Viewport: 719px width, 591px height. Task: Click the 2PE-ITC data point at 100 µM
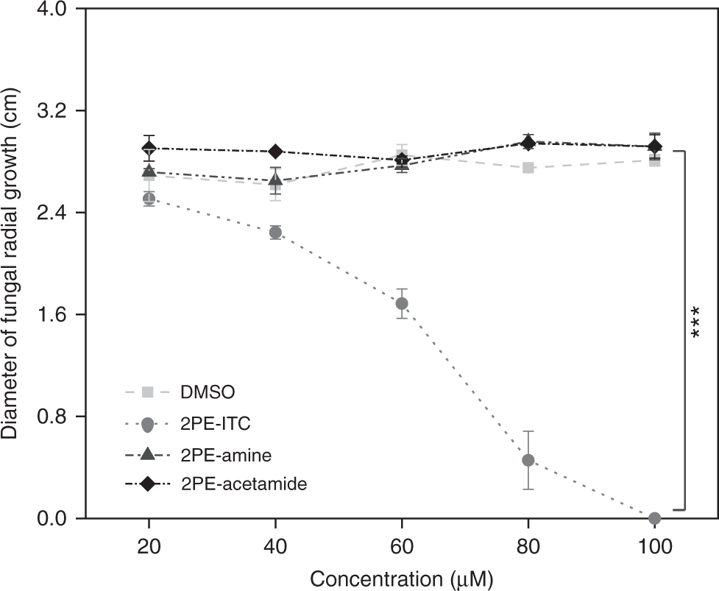click(x=655, y=519)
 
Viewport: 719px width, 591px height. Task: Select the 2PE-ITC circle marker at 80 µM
click(x=528, y=460)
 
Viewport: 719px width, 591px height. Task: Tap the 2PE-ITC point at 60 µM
click(x=402, y=303)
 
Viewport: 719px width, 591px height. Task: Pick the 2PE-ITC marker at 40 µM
click(x=275, y=233)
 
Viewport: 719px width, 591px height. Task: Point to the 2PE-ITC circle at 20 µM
click(x=149, y=198)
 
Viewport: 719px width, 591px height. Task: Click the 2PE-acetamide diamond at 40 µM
click(x=275, y=152)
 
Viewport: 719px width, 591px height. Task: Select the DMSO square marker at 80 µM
click(x=528, y=168)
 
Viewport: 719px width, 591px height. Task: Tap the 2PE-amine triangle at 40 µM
click(x=275, y=179)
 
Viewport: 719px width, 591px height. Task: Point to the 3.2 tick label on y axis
click(x=52, y=111)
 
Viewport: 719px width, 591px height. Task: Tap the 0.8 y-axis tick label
click(x=52, y=417)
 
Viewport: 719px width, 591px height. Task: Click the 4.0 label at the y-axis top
click(x=52, y=10)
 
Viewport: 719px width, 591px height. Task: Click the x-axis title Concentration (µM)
click(x=400, y=578)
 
